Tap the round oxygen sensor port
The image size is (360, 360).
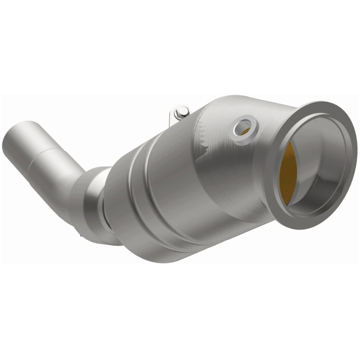[x=244, y=126]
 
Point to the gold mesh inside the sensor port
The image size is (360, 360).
[x=246, y=131]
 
